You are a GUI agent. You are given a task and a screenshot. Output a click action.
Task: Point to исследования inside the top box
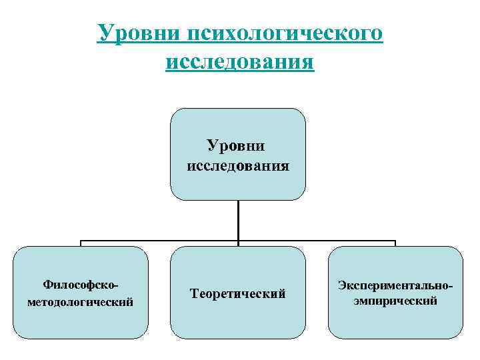[x=238, y=165]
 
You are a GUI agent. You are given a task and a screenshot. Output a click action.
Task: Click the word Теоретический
[x=238, y=293]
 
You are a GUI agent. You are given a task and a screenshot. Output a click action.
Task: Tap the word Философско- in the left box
[x=81, y=285]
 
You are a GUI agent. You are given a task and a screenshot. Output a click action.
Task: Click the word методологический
[x=81, y=302]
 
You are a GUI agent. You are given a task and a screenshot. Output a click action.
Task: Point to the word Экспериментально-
[x=395, y=285]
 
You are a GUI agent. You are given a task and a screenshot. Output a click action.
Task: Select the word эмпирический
[x=395, y=301]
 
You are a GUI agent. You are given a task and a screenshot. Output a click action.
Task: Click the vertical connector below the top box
[x=238, y=220]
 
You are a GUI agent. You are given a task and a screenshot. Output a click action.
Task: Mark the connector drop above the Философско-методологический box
[x=81, y=243]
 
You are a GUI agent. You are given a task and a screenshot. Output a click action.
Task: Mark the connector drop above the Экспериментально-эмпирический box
[x=395, y=243]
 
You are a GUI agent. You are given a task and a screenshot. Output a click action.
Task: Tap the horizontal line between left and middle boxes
[x=160, y=241]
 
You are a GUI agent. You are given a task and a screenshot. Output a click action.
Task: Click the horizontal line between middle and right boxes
[x=317, y=241]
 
